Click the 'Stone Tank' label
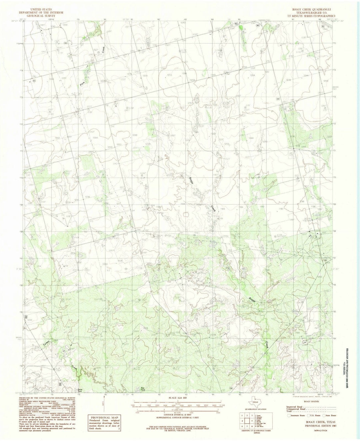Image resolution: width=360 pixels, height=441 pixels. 80,390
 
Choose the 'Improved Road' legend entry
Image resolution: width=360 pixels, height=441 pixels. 293,407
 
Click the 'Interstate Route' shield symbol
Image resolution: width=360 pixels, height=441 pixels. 289,416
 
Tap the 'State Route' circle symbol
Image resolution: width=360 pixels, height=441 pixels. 323,416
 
